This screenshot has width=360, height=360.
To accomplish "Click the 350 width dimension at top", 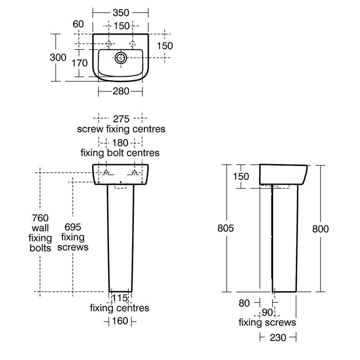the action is [121, 13].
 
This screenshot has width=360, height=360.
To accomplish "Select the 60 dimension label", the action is [78, 24].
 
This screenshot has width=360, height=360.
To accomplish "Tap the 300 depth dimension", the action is [58, 57].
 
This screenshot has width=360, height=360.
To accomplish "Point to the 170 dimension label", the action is [79, 63].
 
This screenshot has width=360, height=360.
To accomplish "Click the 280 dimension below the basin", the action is [121, 92].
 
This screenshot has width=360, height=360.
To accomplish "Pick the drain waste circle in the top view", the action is [121, 57].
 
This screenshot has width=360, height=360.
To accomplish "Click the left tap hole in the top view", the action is [109, 43].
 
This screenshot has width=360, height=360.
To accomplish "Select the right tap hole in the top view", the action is [133, 43].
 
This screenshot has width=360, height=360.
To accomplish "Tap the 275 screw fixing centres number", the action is [121, 119].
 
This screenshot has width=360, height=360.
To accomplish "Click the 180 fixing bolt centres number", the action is [120, 143].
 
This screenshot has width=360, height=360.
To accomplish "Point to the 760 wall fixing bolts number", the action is [40, 218].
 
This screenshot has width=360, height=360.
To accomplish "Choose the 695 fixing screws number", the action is [73, 227].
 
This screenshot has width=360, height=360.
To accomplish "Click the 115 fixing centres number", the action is [120, 298].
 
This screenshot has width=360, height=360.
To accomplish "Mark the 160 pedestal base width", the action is [120, 321].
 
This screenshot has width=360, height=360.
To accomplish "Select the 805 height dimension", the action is [226, 228].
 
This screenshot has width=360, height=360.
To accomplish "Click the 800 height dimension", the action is [321, 229].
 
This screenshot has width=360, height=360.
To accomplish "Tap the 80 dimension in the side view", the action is [244, 303].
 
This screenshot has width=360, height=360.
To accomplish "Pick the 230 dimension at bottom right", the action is [278, 338].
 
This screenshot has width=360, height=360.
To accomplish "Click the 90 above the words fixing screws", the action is [267, 313].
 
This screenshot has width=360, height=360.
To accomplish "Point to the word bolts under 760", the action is [40, 248].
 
